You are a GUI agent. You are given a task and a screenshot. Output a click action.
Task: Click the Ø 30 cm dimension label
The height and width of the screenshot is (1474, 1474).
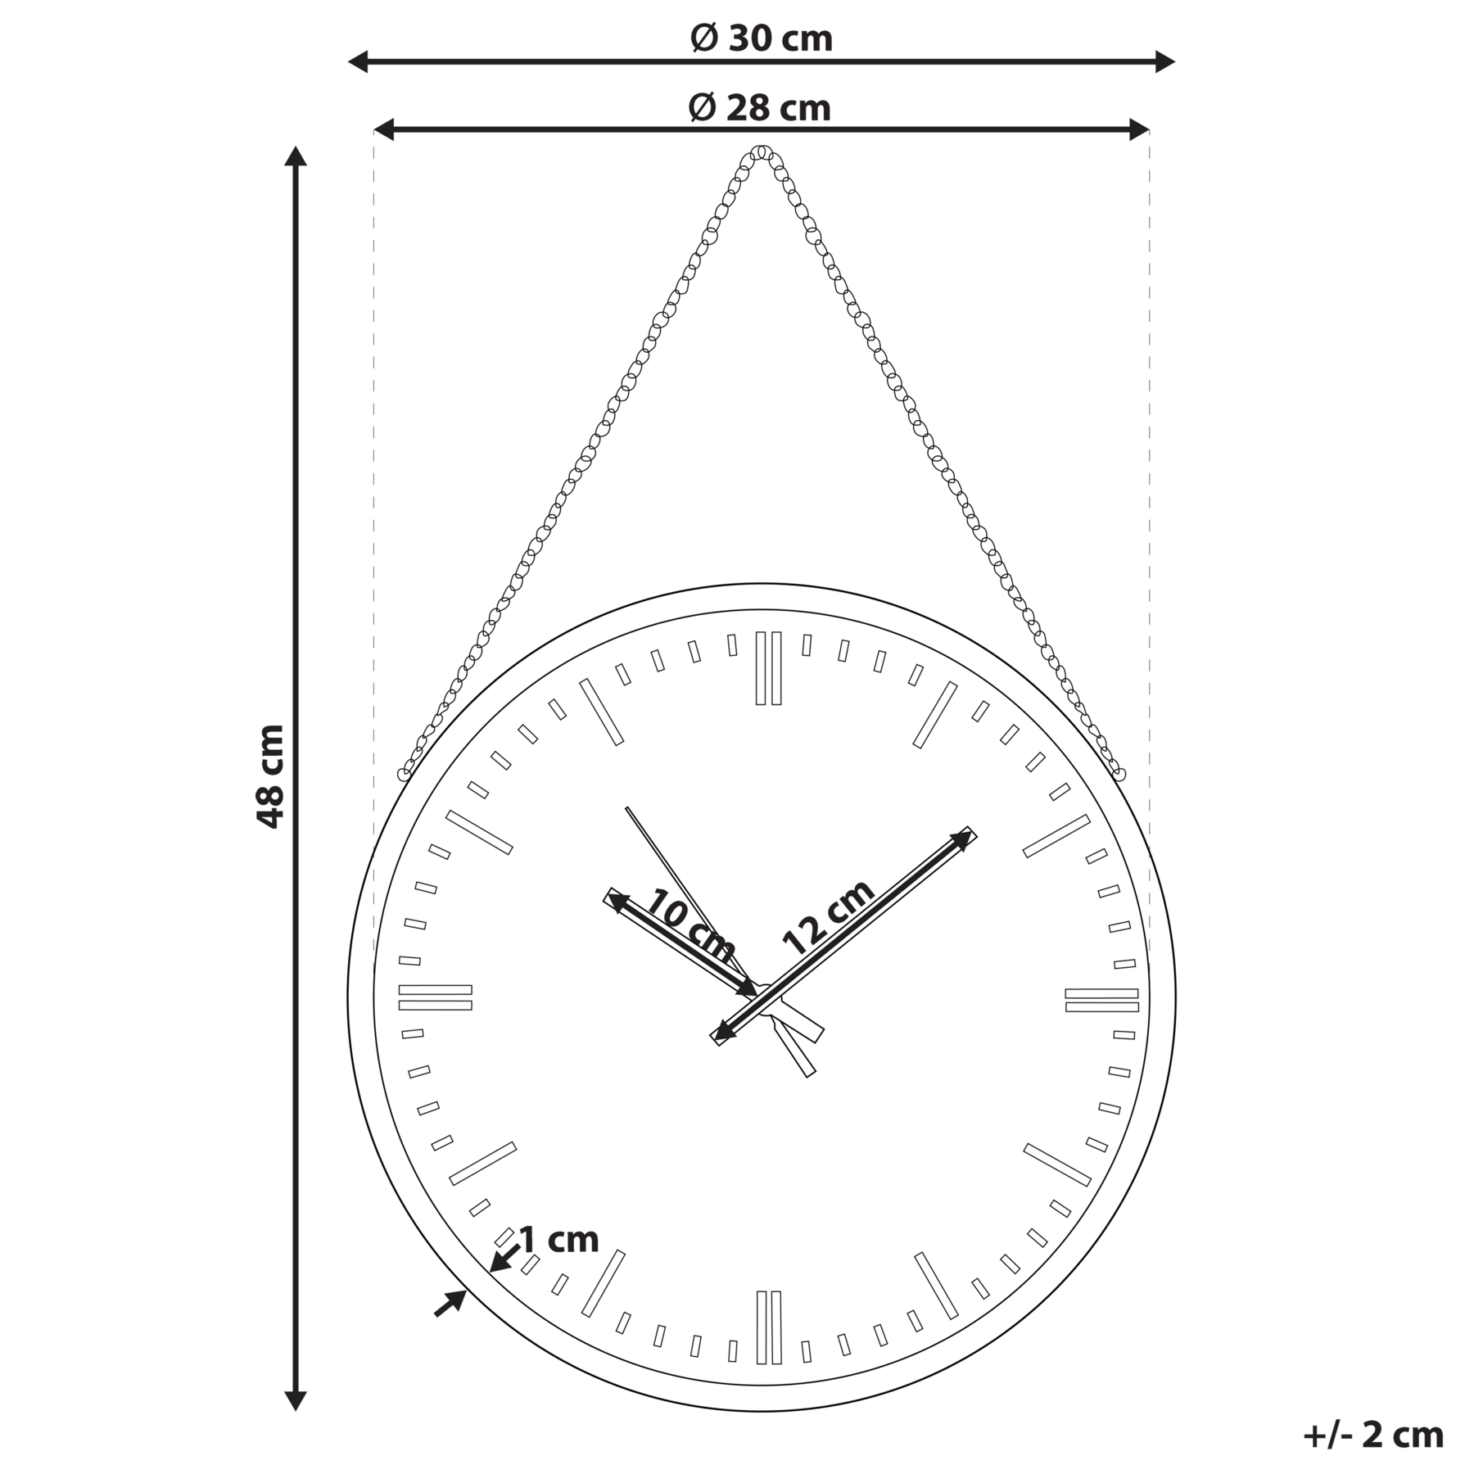762,38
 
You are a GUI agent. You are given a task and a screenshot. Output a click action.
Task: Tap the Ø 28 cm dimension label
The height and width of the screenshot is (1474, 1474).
760,107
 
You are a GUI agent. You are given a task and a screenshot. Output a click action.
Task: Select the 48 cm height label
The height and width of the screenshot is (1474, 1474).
270,776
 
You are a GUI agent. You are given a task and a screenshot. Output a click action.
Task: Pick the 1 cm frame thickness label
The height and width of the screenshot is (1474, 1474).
559,1240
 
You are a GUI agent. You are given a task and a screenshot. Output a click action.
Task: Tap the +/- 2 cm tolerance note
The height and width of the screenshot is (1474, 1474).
1373,1436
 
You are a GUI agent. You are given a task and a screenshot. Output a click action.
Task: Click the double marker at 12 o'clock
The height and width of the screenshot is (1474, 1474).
768,668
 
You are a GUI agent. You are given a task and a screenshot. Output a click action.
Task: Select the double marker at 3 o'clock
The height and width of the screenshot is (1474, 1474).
1101,1000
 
